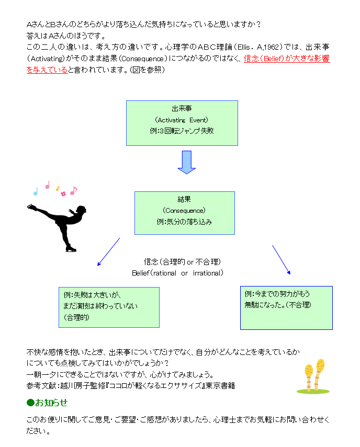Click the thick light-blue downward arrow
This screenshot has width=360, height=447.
pyautogui.click(x=187, y=162)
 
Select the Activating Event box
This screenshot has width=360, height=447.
pyautogui.click(x=182, y=123)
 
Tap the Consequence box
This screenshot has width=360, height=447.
pyautogui.click(x=185, y=213)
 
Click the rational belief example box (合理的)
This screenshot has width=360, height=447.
pyautogui.click(x=109, y=307)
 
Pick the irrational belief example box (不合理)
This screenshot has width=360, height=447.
pyautogui.click(x=286, y=308)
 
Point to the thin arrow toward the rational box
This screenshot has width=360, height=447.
pyautogui.click(x=108, y=252)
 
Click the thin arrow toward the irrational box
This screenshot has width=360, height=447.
pyautogui.click(x=282, y=260)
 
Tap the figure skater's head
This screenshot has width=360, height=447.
pyautogui.click(x=81, y=210)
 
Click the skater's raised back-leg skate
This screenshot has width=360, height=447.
pyautogui.click(x=31, y=207)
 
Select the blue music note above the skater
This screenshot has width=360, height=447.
pyautogui.click(x=36, y=191)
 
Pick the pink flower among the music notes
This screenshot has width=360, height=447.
pyautogui.click(x=63, y=194)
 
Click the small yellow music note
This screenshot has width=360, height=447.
pyautogui.click(x=58, y=188)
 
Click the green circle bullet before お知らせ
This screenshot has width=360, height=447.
pyautogui.click(x=30, y=403)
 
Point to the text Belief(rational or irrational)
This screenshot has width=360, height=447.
pyautogui.click(x=177, y=273)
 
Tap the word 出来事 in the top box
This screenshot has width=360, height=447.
pyautogui.click(x=182, y=109)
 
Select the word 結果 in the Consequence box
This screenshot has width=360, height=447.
pyautogui.click(x=184, y=199)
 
